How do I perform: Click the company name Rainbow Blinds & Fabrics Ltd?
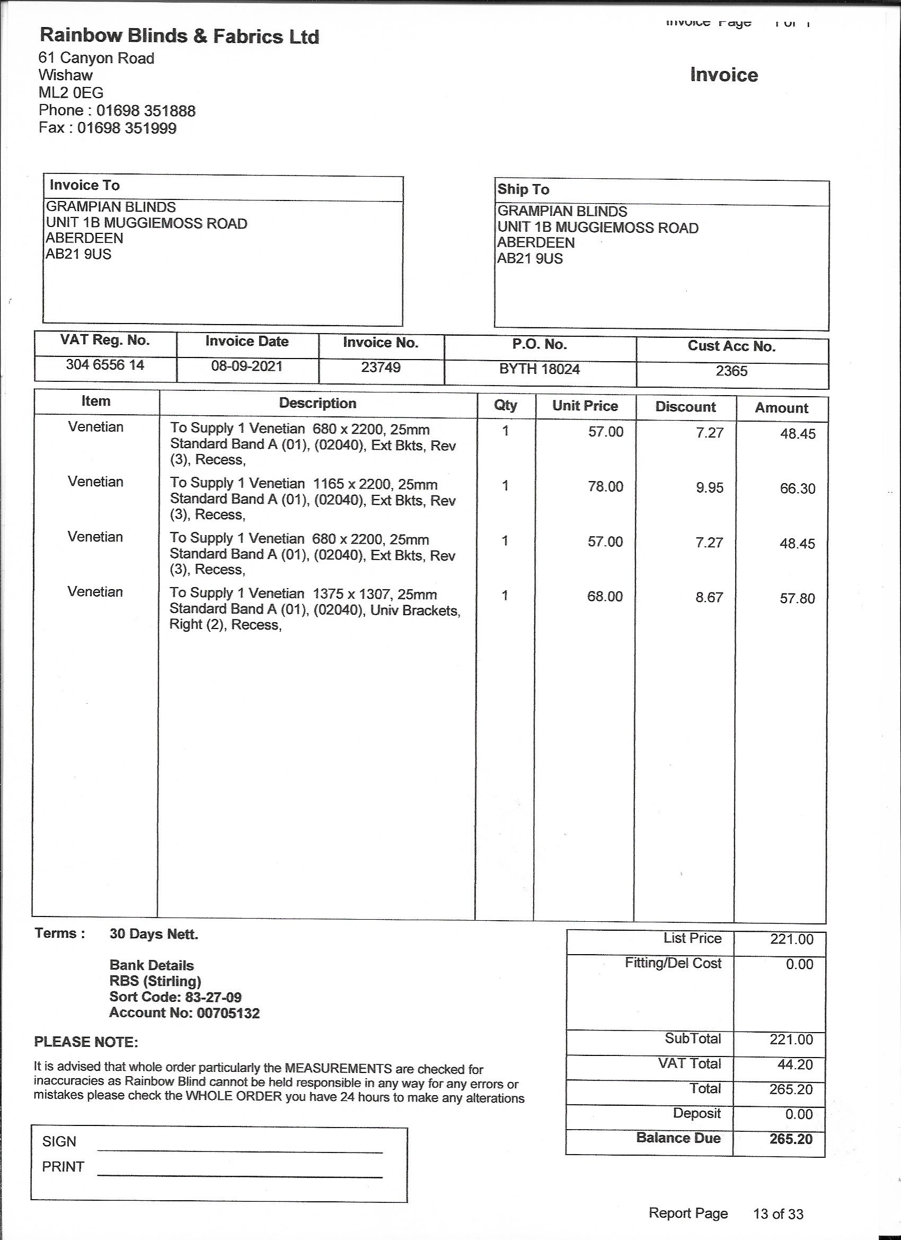(179, 36)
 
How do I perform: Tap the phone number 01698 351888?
(146, 111)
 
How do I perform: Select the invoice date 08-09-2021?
(246, 366)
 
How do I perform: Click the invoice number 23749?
(381, 368)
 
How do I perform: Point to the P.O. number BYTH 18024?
(540, 369)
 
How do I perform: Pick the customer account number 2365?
(731, 371)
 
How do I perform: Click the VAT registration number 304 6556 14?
(105, 365)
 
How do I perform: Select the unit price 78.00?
(605, 486)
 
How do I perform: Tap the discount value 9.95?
(709, 488)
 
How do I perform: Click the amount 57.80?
(797, 598)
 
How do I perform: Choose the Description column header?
(317, 404)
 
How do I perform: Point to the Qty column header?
(506, 405)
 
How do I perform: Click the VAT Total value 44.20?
(795, 1064)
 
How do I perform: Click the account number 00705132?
(228, 1013)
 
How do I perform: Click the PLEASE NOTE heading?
(86, 1042)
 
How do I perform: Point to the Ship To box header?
(523, 189)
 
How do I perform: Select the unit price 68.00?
(605, 597)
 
